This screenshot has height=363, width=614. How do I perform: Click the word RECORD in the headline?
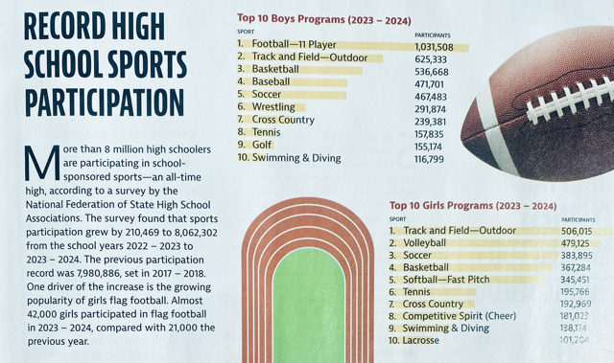[66, 23]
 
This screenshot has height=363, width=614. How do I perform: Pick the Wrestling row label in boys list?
[274, 108]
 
